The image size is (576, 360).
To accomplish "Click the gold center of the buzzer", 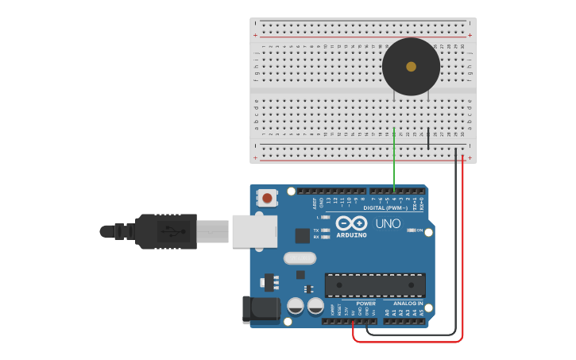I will point(411,67).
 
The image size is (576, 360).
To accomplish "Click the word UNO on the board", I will point(388,223).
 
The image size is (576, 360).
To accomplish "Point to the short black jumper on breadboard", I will point(428,138).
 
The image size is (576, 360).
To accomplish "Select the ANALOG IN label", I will point(408,304).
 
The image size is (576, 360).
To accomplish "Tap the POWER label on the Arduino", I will point(365,304).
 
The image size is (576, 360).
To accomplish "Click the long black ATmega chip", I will point(375,285).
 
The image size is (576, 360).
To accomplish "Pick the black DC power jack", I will point(260,309).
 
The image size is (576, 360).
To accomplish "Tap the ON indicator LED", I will point(411,230).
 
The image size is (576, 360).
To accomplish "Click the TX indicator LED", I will point(326,230).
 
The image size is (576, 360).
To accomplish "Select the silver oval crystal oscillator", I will point(300,257).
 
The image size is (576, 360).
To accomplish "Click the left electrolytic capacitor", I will point(296,306).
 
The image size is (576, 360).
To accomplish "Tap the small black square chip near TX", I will point(302,235).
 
